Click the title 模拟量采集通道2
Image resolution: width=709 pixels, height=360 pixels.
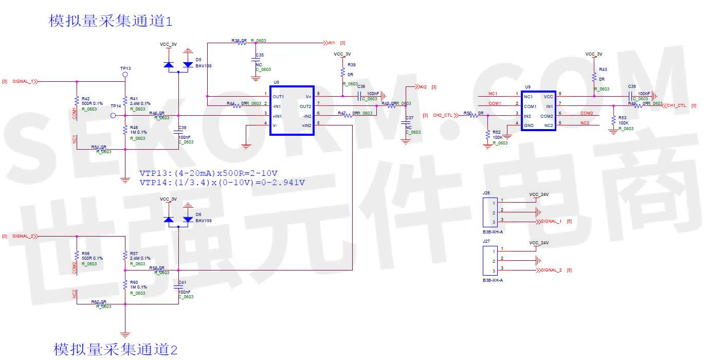coord(115,349)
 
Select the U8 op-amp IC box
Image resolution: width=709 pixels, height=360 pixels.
coord(292,111)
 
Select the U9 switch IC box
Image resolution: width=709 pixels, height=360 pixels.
coord(538,111)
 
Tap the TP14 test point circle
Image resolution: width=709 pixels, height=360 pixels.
coord(113,116)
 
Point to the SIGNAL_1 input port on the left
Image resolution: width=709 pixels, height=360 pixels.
coord(24,81)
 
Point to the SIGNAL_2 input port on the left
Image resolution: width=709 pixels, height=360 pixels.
coord(24,236)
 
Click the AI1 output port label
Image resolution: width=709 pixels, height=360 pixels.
coord(331,43)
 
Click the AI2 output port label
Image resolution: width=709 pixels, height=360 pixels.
coord(423,87)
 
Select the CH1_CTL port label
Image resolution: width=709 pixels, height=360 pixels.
coord(676,105)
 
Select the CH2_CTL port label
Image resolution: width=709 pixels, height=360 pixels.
coord(442,116)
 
